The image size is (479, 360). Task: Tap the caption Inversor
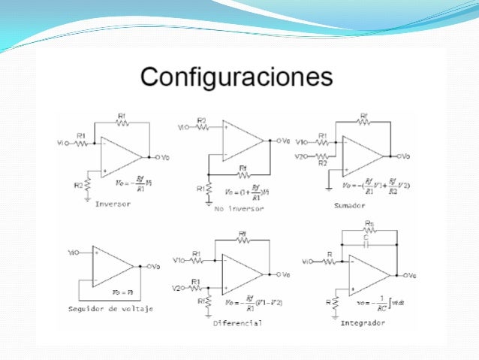coord(112,204)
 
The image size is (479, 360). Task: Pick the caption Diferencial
coord(238,323)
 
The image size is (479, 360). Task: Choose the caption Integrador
coord(363,322)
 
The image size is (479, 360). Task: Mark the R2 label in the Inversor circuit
coord(78,184)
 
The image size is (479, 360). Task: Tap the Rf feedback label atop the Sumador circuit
coord(364,116)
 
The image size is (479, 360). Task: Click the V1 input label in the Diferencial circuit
coord(179,261)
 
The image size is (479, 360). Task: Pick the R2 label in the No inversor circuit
coord(202,120)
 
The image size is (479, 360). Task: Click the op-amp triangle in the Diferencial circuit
coord(240,274)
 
